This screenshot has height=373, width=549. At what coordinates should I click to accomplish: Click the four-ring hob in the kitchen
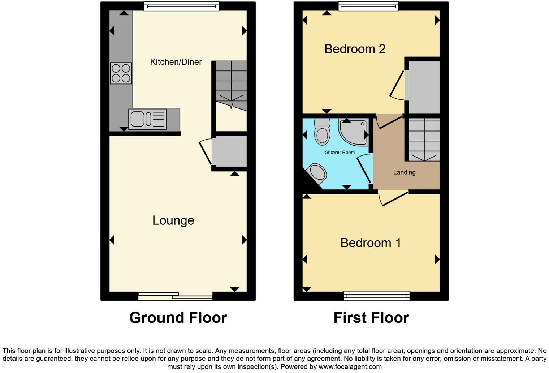click(121, 73)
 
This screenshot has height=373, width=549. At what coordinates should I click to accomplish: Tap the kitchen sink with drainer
click(147, 119)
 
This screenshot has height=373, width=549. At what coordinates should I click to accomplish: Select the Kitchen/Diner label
click(176, 62)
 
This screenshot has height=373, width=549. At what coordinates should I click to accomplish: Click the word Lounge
click(173, 220)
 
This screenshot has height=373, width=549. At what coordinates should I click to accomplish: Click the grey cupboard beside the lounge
click(229, 151)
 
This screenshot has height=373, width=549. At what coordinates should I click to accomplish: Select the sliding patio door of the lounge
click(176, 296)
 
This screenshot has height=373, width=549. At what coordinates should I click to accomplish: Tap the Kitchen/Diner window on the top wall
click(181, 7)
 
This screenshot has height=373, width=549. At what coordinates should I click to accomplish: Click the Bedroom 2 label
click(355, 49)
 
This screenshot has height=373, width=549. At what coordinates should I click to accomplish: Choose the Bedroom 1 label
click(371, 243)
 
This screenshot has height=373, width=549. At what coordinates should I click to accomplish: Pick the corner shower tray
click(353, 132)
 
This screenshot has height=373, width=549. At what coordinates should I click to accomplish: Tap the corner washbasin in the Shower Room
click(317, 173)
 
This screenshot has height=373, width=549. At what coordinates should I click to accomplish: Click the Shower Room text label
click(340, 152)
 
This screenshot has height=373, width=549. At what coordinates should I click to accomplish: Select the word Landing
click(404, 172)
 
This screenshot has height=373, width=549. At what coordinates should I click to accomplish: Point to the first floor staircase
click(424, 140)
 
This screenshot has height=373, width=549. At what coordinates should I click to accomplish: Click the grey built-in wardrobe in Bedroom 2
click(424, 87)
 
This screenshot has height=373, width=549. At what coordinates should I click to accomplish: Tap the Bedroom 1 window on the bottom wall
click(377, 296)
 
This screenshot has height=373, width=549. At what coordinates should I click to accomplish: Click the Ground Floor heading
click(178, 318)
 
